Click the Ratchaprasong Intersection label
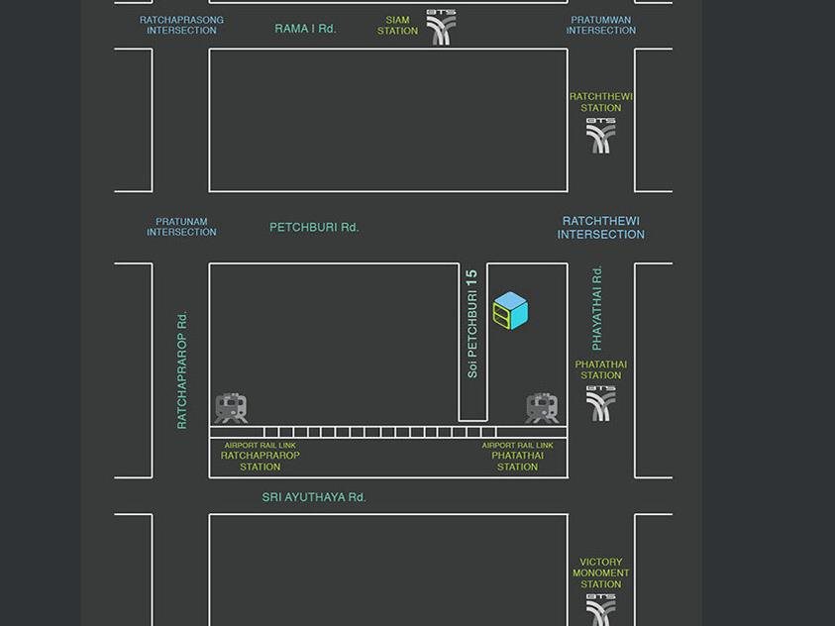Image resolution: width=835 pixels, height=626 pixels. (x=181, y=25)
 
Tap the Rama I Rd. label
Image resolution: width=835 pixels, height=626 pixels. (x=305, y=28)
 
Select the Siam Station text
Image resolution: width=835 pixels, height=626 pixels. (x=397, y=26)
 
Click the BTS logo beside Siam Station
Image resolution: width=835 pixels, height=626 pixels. (x=441, y=27)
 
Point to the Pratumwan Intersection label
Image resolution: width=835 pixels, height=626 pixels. (x=600, y=25)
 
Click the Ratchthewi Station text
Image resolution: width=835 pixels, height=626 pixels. (x=600, y=102)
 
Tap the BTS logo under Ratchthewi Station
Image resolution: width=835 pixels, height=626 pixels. (x=600, y=136)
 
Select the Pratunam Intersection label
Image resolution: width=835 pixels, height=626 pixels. (x=181, y=227)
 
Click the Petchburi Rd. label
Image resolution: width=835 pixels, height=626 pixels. (x=314, y=227)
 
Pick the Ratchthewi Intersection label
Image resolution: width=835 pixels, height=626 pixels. (x=600, y=228)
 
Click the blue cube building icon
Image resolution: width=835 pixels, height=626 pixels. (x=510, y=310)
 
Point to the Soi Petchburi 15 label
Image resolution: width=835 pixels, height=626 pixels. (x=471, y=324)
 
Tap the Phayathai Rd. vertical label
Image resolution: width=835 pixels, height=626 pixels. (x=596, y=308)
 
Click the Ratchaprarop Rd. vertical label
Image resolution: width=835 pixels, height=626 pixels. (x=181, y=370)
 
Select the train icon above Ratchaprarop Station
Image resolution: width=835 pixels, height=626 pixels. (x=231, y=408)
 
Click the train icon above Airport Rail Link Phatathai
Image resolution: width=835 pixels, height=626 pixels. (x=542, y=408)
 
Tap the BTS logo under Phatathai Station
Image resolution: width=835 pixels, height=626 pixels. (x=600, y=403)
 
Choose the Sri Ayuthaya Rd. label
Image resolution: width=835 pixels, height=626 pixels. (x=314, y=497)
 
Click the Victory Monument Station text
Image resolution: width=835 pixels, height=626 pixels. (x=600, y=574)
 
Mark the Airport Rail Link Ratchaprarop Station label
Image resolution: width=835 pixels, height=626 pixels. (x=260, y=457)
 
